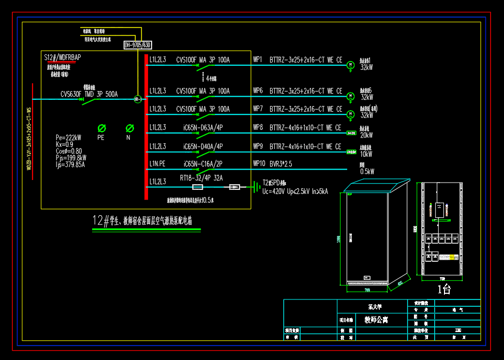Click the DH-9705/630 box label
pyautogui.click(x=138, y=45)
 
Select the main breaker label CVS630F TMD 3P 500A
pyautogui.click(x=89, y=94)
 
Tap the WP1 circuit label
pyautogui.click(x=258, y=60)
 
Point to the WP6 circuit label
pyautogui.click(x=258, y=91)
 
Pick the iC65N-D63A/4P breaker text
pyautogui.click(x=203, y=127)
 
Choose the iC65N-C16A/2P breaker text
pyautogui.click(x=203, y=163)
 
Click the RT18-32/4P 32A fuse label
pyautogui.click(x=201, y=177)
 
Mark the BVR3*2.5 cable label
pyautogui.click(x=281, y=163)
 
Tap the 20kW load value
pyautogui.click(x=366, y=135)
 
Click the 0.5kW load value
pyautogui.click(x=367, y=171)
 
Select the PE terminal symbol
pyautogui.click(x=102, y=128)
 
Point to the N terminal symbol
pyautogui.click(x=130, y=128)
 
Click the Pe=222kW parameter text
pyautogui.click(x=68, y=138)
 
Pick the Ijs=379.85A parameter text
pyautogui.click(x=70, y=164)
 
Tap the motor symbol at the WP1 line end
pyautogui.click(x=350, y=64)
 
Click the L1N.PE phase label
pyautogui.click(x=157, y=163)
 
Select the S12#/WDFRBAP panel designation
pyautogui.click(x=62, y=57)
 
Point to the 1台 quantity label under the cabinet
pyautogui.click(x=444, y=290)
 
